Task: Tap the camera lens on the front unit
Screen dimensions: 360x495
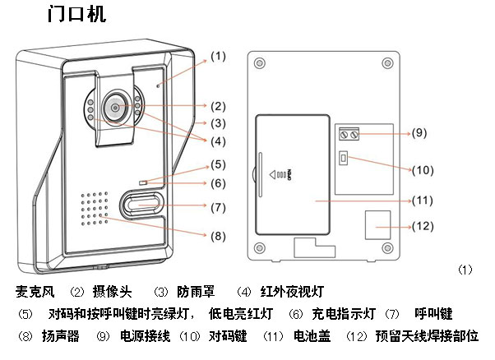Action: click(114, 108)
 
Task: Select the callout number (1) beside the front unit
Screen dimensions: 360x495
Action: click(217, 57)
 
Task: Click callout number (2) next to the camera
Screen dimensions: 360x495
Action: click(217, 106)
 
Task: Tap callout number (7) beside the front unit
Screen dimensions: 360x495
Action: click(217, 207)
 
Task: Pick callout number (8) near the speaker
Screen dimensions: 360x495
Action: click(217, 236)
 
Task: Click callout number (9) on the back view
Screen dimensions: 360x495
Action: click(419, 132)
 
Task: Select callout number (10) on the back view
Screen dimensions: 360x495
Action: click(421, 170)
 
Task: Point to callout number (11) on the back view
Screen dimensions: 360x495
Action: click(421, 200)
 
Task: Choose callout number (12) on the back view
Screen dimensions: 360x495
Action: click(421, 226)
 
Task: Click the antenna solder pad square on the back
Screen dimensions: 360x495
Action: click(377, 221)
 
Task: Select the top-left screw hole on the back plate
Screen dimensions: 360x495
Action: click(261, 63)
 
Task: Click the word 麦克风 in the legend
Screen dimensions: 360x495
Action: click(35, 292)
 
